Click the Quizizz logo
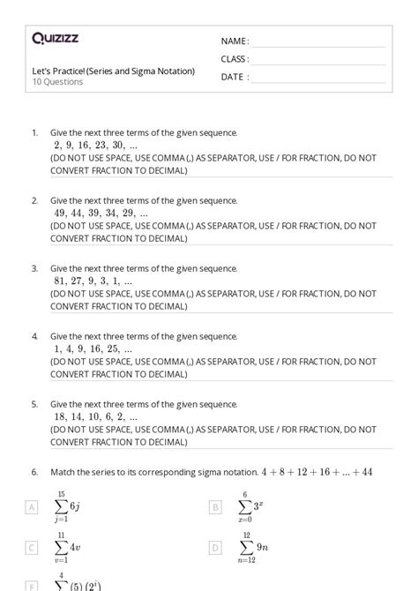coord(55,38)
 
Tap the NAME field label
coord(235,41)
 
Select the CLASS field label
coord(235,59)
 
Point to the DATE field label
coord(235,77)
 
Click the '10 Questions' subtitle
coord(57,82)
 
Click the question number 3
coord(35,268)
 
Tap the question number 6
coord(35,472)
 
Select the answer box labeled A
coord(33,507)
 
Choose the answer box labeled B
coord(215,507)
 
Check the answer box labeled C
coord(33,548)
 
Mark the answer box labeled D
coord(215,548)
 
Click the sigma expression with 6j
coord(67,507)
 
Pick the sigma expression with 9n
coord(250,548)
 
